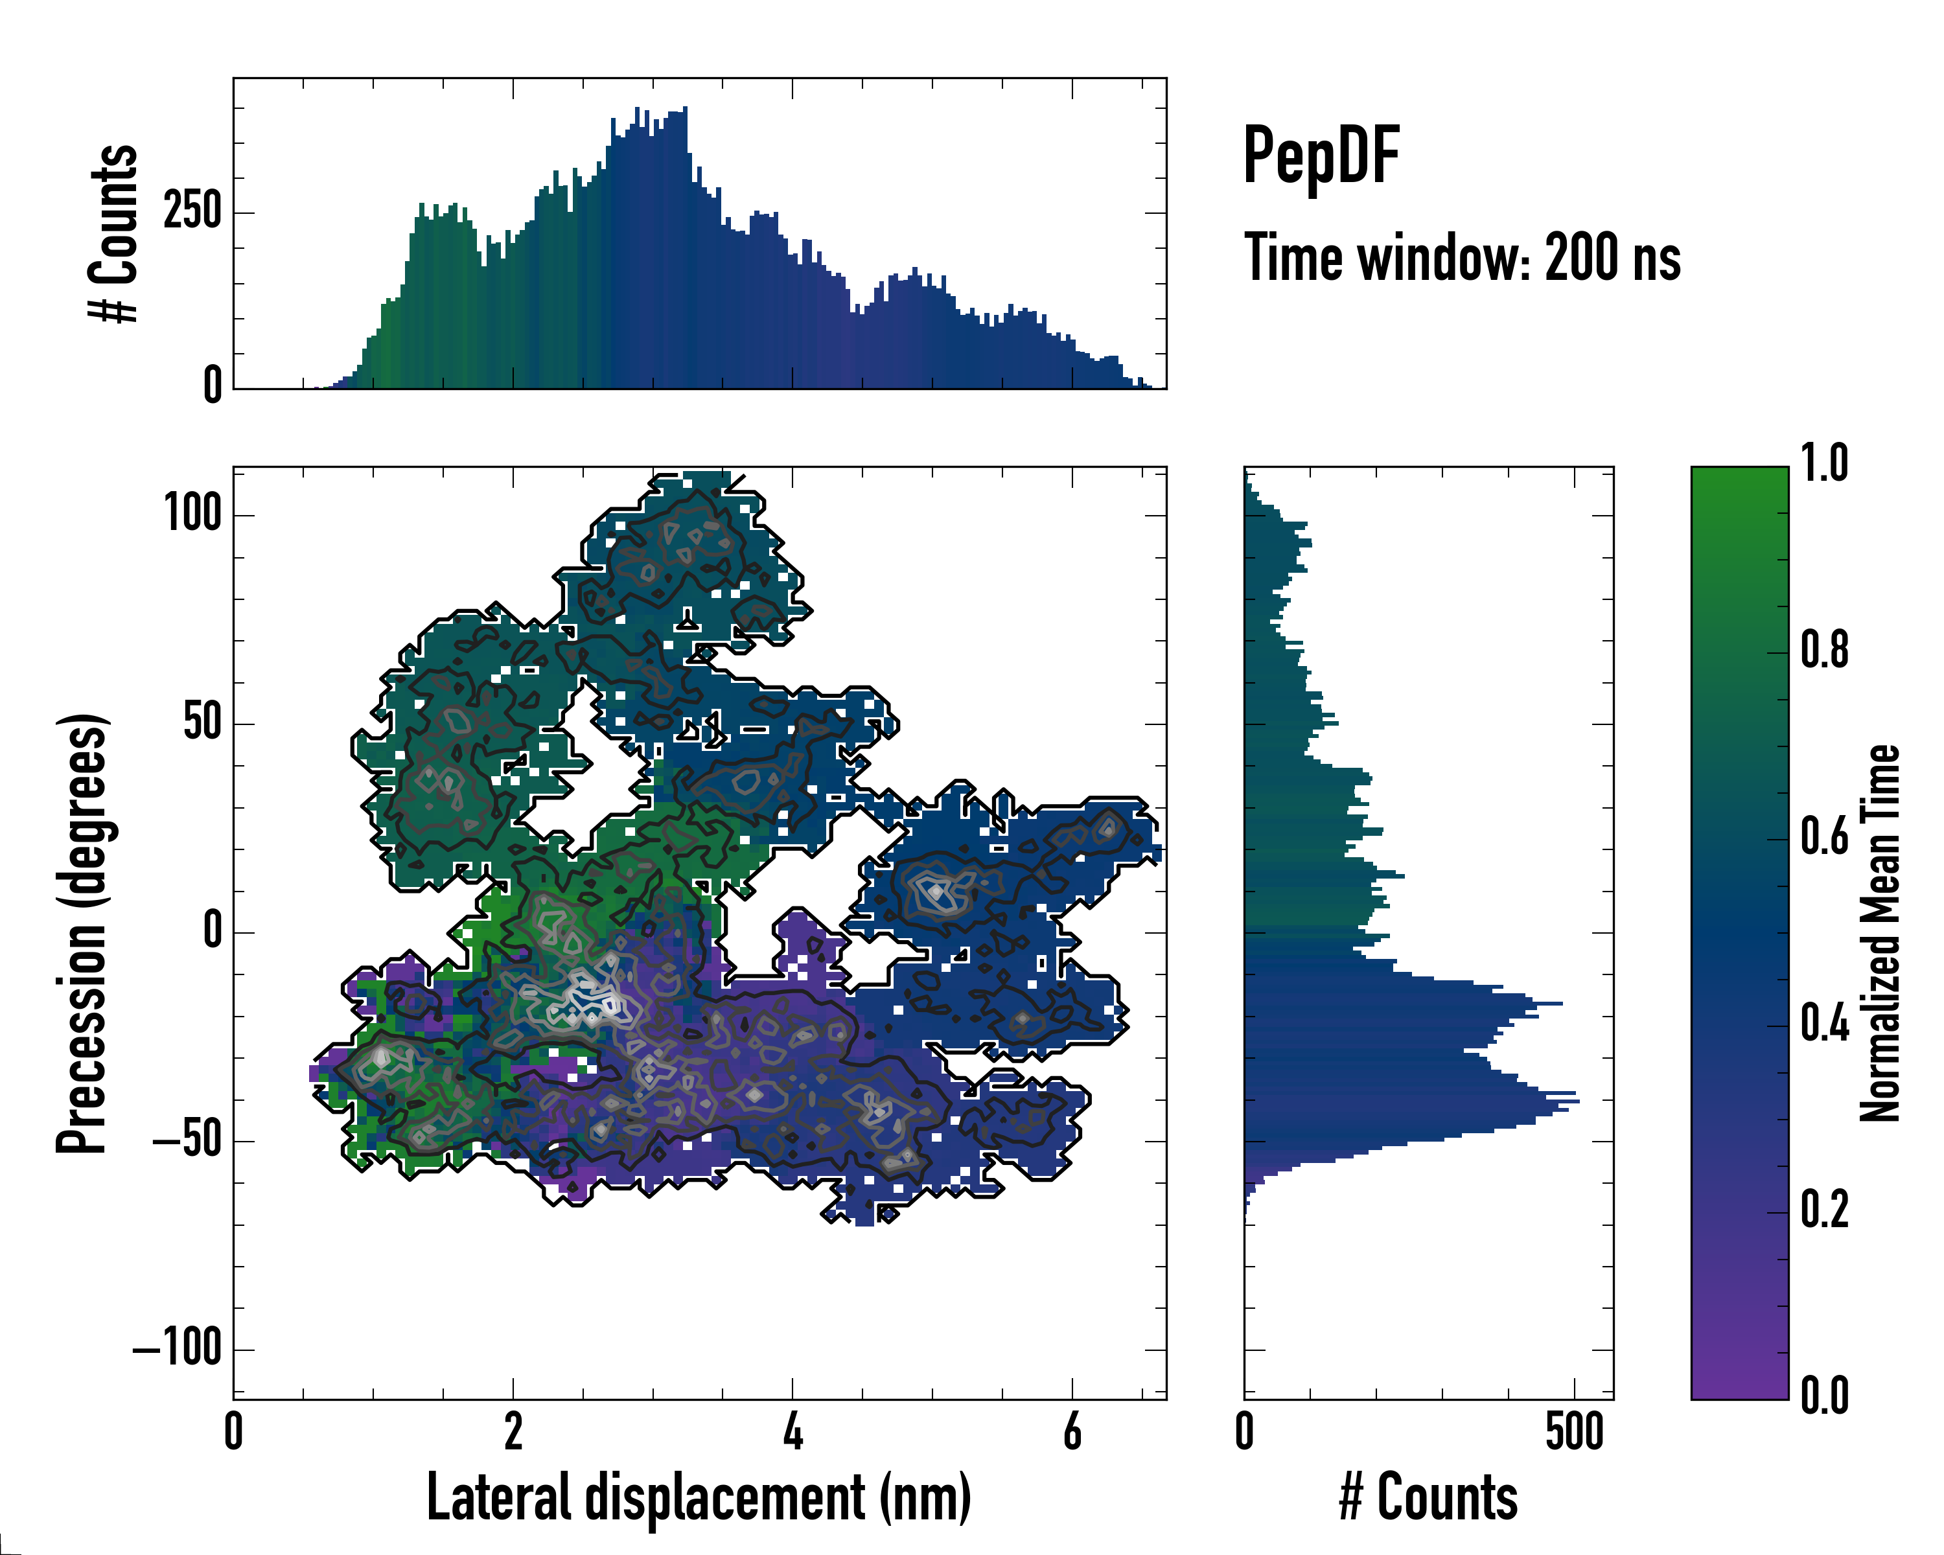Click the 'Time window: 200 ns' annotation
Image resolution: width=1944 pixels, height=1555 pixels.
pos(1462,258)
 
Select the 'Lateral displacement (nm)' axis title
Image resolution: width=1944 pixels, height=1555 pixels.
pos(699,1497)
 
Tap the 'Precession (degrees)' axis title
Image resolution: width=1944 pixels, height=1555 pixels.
pos(82,933)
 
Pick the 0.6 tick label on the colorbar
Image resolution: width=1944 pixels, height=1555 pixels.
pos(1824,838)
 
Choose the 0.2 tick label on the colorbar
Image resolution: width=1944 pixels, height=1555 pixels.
pos(1824,1209)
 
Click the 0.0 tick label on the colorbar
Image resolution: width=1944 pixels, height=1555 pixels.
pos(1824,1396)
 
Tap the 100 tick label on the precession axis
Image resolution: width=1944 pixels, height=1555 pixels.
pos(193,514)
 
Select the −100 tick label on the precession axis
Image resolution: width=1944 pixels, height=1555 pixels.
pos(178,1350)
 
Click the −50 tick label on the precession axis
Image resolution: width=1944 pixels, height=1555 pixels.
pos(187,1141)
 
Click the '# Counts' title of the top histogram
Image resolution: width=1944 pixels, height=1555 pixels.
pos(113,233)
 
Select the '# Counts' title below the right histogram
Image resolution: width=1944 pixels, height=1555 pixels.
pos(1428,1497)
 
